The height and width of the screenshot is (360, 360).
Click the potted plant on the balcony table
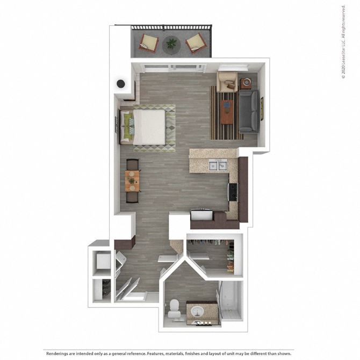point(171,42)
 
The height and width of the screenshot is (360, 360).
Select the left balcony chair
point(148,42)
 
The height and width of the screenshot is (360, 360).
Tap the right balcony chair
point(195,42)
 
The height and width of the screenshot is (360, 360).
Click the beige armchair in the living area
point(227,81)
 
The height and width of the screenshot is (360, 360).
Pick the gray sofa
point(249,111)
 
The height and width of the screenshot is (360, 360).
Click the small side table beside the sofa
point(247,82)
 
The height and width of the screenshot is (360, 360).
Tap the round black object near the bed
point(121,84)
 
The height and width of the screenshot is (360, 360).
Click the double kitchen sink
point(218,165)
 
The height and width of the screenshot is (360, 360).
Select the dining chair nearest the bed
point(132,164)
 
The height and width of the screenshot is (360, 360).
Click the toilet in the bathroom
point(175,310)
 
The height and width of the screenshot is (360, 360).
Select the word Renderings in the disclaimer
point(60,354)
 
